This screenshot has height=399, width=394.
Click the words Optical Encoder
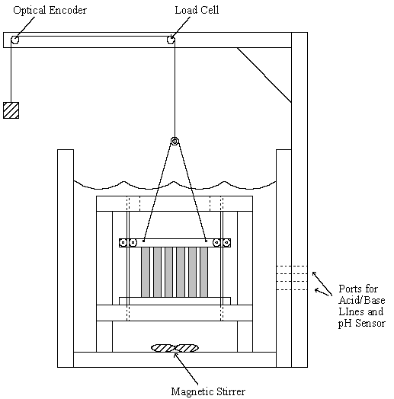click(x=50, y=10)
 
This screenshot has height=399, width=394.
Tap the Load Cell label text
click(x=197, y=10)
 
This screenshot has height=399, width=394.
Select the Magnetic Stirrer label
click(x=208, y=391)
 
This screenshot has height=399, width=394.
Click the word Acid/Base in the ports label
click(x=362, y=300)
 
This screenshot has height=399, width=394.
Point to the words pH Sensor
click(x=362, y=323)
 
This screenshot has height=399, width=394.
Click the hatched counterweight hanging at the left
click(x=11, y=110)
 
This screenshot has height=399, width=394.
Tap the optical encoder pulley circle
click(x=14, y=40)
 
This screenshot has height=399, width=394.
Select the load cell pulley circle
click(x=171, y=40)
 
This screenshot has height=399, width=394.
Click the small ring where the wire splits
click(x=175, y=141)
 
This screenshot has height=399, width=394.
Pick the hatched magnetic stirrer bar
click(x=175, y=348)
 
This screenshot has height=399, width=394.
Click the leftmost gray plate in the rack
click(x=146, y=272)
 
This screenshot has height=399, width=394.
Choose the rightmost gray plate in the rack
click(x=203, y=272)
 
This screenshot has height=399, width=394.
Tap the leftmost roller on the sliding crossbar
click(x=123, y=242)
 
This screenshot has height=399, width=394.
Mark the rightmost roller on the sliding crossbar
click(x=226, y=242)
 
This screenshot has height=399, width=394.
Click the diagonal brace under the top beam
click(x=264, y=75)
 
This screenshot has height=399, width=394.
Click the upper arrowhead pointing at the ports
click(x=314, y=273)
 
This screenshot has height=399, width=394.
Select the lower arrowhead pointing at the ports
click(x=317, y=290)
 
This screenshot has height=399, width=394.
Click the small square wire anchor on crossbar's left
click(x=143, y=241)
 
